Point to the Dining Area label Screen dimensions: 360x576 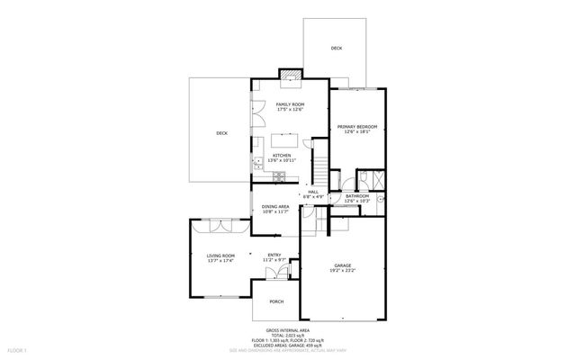click(x=275, y=207)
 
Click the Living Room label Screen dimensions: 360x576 click(x=220, y=255)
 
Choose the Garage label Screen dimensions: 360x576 click(x=342, y=265)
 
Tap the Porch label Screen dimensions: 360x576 click(x=277, y=301)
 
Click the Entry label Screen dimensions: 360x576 click(x=274, y=255)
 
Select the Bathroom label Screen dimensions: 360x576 click(x=357, y=195)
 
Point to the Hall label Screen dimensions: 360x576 click(x=314, y=191)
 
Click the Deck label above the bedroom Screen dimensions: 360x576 click(x=336, y=49)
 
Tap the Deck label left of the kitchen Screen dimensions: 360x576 click(x=221, y=133)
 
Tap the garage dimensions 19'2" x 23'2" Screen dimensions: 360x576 click(x=342, y=270)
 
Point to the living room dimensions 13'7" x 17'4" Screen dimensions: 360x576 click(x=220, y=260)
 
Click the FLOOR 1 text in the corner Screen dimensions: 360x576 click(x=18, y=348)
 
